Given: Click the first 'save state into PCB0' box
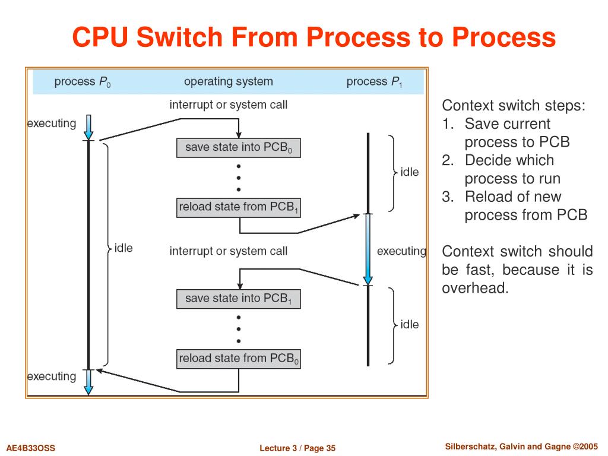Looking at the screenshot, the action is click(239, 148).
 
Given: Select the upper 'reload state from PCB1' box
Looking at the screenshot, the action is click(239, 207).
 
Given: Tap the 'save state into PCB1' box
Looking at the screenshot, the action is click(239, 299).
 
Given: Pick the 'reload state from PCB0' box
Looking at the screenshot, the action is click(239, 359).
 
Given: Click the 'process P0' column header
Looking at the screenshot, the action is click(82, 82).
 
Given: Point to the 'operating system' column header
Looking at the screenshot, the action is click(229, 81).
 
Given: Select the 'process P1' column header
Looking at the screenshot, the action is click(374, 82).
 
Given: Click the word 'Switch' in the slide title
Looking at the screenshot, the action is click(179, 37).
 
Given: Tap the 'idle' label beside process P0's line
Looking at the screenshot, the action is click(123, 248).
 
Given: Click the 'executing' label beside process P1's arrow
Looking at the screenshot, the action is click(401, 251).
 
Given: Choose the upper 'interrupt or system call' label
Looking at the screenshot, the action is click(229, 104).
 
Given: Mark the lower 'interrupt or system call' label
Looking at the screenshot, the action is click(229, 251).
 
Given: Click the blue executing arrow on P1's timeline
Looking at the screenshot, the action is click(368, 249).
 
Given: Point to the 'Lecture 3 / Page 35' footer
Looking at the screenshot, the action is click(297, 448).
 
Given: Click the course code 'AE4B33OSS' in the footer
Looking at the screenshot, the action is click(31, 448).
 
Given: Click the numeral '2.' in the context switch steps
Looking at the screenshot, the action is click(448, 160).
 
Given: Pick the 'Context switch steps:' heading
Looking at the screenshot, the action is click(514, 106).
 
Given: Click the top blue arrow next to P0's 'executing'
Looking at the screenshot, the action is click(88, 127).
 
